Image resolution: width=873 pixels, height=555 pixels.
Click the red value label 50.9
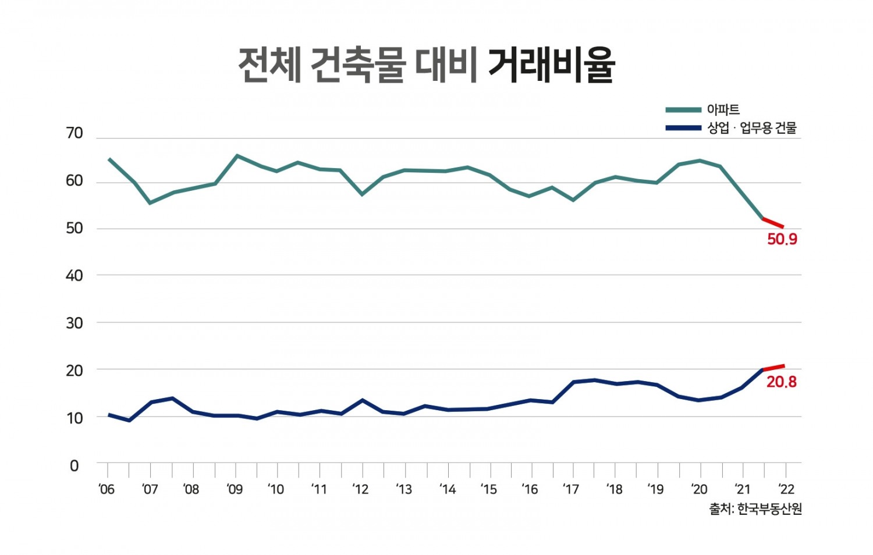[782, 239]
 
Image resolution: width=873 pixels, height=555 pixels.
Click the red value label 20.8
[781, 382]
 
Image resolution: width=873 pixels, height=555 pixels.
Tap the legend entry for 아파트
[723, 109]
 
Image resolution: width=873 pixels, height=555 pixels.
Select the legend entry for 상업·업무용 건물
[751, 128]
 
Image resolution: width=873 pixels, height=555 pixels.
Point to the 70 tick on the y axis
[74, 134]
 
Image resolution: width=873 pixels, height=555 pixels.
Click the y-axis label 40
[74, 276]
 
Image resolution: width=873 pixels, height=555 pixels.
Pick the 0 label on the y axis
[74, 466]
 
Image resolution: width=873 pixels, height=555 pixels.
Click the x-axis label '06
[107, 489]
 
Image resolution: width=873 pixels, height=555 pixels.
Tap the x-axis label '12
[360, 489]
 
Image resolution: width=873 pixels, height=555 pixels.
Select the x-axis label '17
[571, 489]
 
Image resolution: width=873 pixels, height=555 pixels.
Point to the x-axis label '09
[235, 489]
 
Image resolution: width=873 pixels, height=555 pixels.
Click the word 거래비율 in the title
[551, 65]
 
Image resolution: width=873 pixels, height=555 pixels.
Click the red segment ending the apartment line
[774, 223]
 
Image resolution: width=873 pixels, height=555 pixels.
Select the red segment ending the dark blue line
[774, 368]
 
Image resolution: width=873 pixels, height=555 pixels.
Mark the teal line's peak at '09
[236, 156]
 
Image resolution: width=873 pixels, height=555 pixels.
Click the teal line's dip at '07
[150, 202]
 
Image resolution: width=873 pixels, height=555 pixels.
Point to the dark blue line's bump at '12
[363, 400]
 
